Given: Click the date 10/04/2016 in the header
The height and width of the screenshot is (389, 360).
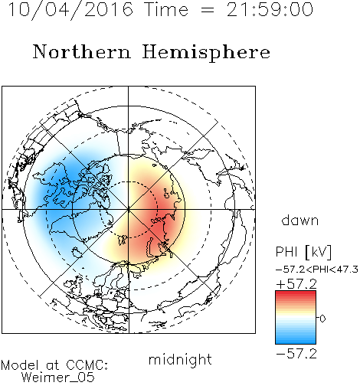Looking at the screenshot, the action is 70,10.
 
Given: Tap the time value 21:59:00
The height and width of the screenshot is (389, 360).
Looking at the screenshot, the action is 270,9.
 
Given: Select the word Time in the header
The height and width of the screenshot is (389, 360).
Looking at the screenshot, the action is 166,9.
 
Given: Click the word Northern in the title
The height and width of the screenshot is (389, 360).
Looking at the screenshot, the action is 81,51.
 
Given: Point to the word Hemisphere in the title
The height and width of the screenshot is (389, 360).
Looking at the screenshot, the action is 206,53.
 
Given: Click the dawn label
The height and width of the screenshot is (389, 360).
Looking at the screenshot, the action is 299,220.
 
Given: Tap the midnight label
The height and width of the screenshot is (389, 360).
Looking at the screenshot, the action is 180,359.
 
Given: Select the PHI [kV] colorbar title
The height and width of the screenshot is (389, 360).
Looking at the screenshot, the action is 303,252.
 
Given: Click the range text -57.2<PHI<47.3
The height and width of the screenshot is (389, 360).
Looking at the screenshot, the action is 316,270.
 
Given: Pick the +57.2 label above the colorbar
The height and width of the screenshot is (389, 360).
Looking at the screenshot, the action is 296,284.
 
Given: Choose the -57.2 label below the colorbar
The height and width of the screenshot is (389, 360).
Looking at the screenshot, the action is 296,354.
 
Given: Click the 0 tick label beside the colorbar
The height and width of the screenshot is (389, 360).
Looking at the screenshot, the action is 322,319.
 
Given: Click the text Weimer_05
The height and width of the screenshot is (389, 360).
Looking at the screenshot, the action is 57,378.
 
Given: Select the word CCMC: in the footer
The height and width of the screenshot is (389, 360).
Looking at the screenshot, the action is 87,365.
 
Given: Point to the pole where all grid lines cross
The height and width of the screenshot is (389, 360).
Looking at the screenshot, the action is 129,209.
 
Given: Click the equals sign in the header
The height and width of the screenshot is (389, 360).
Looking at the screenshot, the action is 208,10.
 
